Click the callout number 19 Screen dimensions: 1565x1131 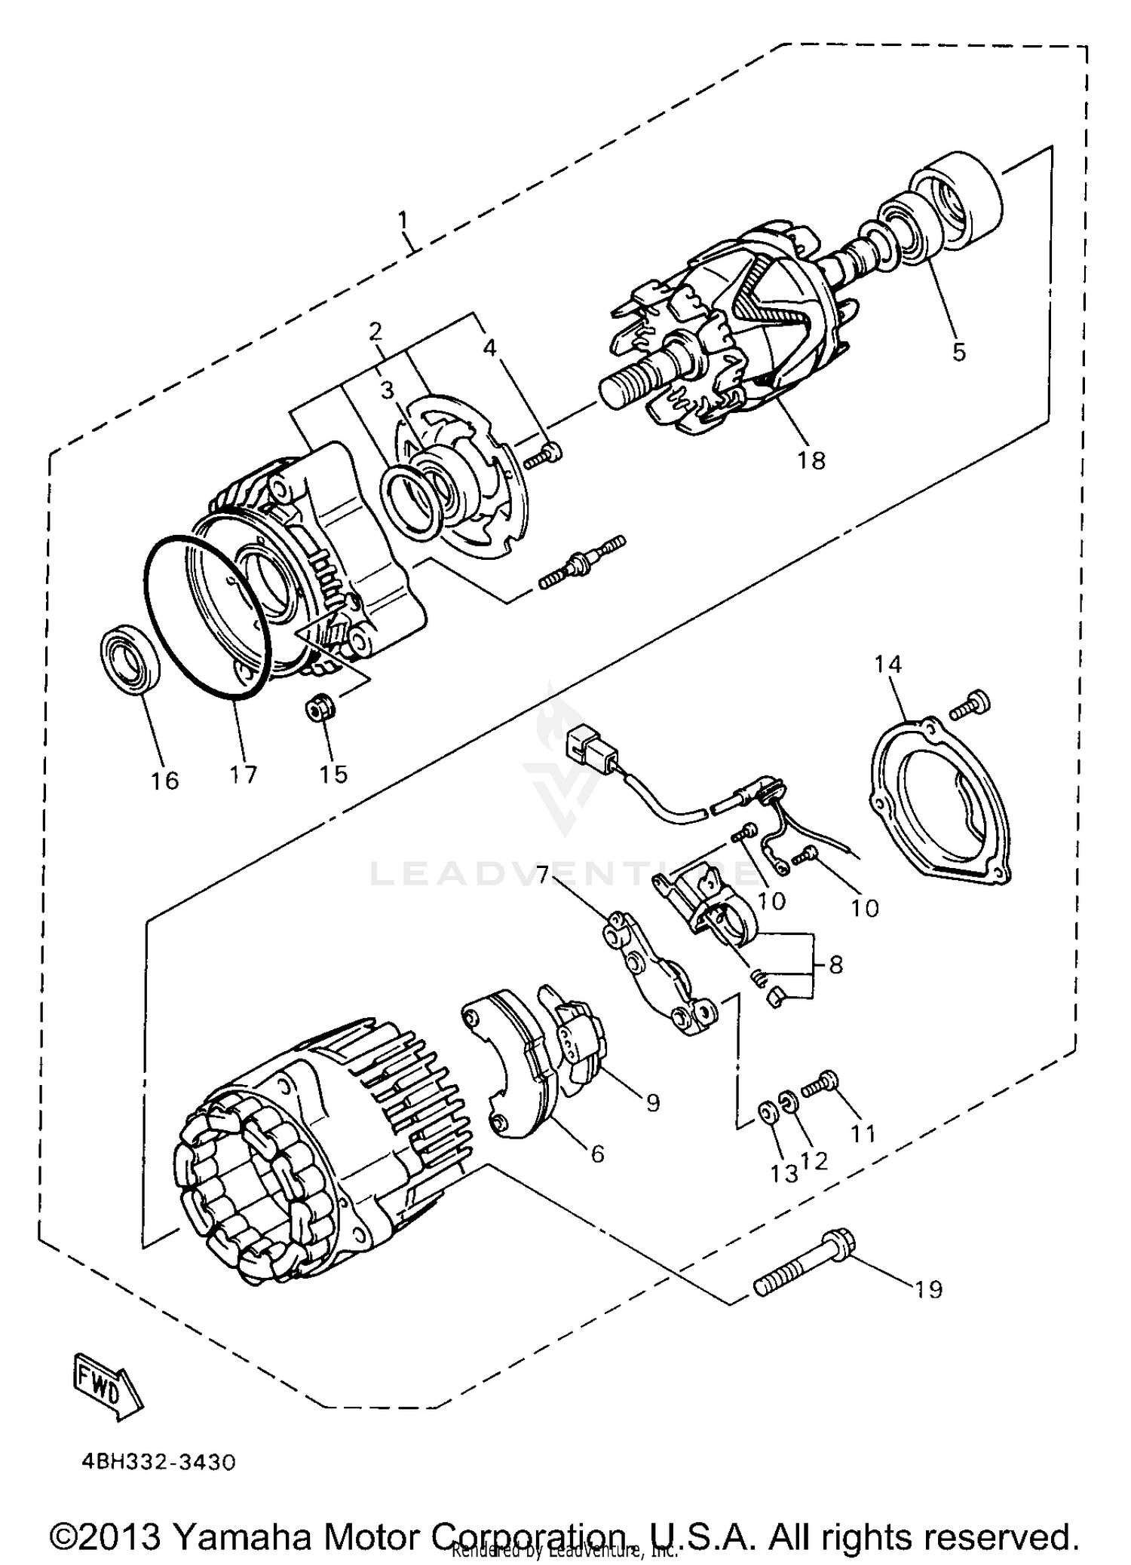click(x=929, y=1289)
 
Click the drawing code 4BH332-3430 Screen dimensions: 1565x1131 click(x=159, y=1463)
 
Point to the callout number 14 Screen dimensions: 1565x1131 click(x=888, y=664)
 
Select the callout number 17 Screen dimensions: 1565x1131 click(x=244, y=774)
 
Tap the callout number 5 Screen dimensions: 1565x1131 click(x=958, y=351)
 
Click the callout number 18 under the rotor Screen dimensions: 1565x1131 click(x=811, y=460)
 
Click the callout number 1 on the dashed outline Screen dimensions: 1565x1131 click(x=403, y=221)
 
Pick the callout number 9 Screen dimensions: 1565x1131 click(x=652, y=1102)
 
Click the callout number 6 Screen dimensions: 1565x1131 click(x=597, y=1154)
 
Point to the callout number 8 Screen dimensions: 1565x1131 click(x=835, y=964)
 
